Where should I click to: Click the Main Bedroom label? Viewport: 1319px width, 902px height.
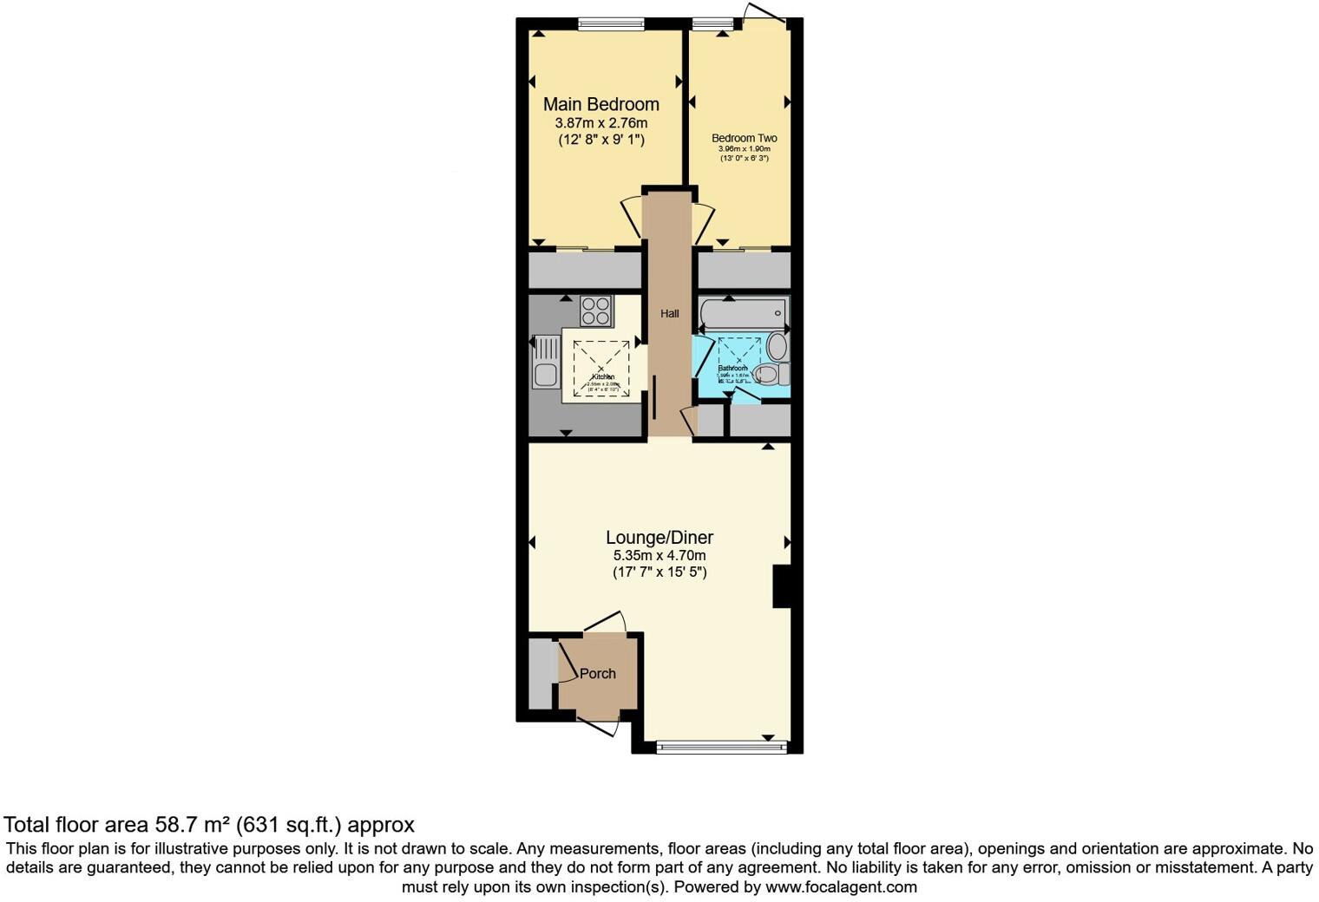point(600,104)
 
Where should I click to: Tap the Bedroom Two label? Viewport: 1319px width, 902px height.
point(744,138)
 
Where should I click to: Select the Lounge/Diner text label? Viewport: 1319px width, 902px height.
point(659,538)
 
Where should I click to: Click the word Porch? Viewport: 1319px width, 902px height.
point(597,674)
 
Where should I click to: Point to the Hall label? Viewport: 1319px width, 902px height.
point(669,314)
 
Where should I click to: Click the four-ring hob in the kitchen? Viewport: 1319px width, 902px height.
point(596,310)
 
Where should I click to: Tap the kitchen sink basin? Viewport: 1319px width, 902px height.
point(546,376)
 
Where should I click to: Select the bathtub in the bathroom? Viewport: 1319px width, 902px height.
point(743,313)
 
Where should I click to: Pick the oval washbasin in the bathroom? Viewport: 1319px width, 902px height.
point(777,347)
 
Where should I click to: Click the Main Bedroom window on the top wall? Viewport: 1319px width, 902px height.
point(611,24)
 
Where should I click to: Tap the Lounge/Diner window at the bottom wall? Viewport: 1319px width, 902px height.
point(721,747)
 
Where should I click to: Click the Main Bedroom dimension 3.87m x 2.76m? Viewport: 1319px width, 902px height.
point(600,123)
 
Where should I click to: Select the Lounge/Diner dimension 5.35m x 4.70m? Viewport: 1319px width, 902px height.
point(659,556)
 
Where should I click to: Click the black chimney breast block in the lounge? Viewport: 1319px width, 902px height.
point(782,586)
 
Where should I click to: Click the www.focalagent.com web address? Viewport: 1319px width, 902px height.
point(841,887)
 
